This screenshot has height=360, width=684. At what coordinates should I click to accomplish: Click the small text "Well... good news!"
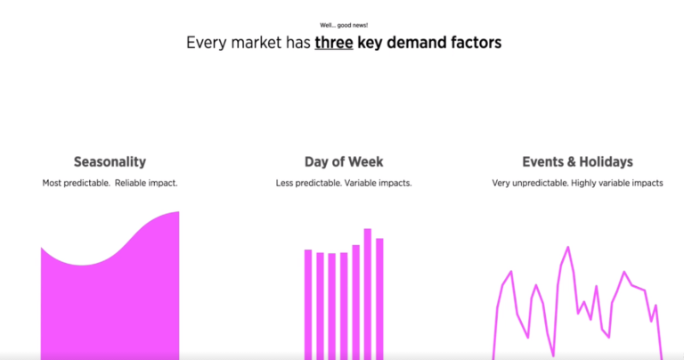tap(343, 25)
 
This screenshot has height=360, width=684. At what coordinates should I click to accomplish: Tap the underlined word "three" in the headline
tap(335, 43)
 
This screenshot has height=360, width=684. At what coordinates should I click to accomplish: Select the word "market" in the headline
tap(256, 43)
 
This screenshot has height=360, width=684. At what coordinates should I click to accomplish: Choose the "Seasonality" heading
tap(110, 162)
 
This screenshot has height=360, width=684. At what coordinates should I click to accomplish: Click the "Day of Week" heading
tap(344, 162)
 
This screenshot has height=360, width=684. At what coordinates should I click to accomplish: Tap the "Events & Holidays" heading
tap(578, 162)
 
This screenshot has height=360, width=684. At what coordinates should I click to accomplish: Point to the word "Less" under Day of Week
tap(286, 184)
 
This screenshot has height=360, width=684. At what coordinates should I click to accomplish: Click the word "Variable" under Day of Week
tap(367, 184)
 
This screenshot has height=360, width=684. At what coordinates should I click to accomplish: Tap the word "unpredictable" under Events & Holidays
tap(540, 184)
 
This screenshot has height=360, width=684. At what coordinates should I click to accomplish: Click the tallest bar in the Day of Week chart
tap(367, 294)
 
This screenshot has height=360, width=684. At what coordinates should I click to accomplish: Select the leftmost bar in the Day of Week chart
tap(308, 303)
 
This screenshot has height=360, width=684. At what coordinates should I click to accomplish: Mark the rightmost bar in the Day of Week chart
tap(379, 299)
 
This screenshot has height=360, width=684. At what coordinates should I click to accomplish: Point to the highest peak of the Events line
tap(567, 247)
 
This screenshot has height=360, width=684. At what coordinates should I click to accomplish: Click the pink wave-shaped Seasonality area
tap(110, 303)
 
